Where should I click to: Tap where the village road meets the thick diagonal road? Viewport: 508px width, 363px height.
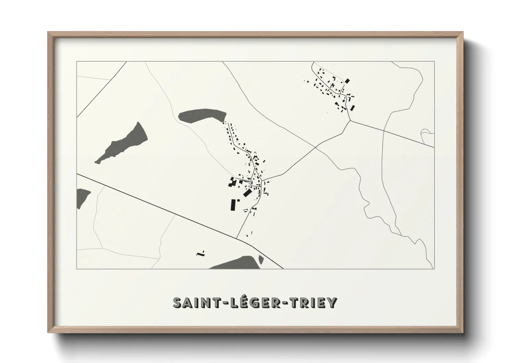pos(237,238)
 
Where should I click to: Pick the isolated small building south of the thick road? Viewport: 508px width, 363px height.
pos(201,254)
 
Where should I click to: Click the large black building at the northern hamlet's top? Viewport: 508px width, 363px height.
pos(347,81)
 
